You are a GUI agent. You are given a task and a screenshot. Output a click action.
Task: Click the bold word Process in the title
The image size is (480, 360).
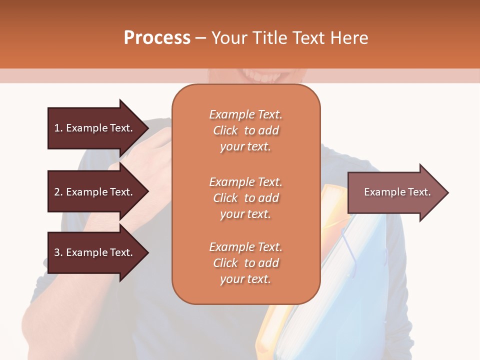coord(157,38)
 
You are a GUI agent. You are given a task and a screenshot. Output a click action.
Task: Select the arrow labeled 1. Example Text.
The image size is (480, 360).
coord(95,128)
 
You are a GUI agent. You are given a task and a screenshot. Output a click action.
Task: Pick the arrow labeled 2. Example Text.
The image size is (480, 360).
coord(95,192)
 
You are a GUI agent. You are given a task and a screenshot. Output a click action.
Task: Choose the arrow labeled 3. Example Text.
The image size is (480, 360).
coord(95,252)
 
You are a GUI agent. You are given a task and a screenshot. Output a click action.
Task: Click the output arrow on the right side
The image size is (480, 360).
coord(395,192)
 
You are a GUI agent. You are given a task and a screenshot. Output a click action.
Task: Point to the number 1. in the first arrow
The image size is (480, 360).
coord(58,128)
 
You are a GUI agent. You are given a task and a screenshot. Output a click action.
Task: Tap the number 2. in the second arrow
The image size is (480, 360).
coord(58,192)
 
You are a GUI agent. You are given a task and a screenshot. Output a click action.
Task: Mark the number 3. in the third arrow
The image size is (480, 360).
coord(58,252)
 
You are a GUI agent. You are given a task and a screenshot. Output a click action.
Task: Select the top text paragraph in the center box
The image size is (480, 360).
coord(245,130)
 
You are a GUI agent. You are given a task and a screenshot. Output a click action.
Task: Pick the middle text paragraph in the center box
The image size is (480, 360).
coord(245,198)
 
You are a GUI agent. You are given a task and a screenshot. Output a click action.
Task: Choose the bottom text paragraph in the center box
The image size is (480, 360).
coord(245,263)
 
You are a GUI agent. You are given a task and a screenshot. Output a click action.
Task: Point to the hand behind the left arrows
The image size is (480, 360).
coord(150,165)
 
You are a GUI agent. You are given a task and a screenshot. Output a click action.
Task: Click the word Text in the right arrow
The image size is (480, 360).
coord(419,192)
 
